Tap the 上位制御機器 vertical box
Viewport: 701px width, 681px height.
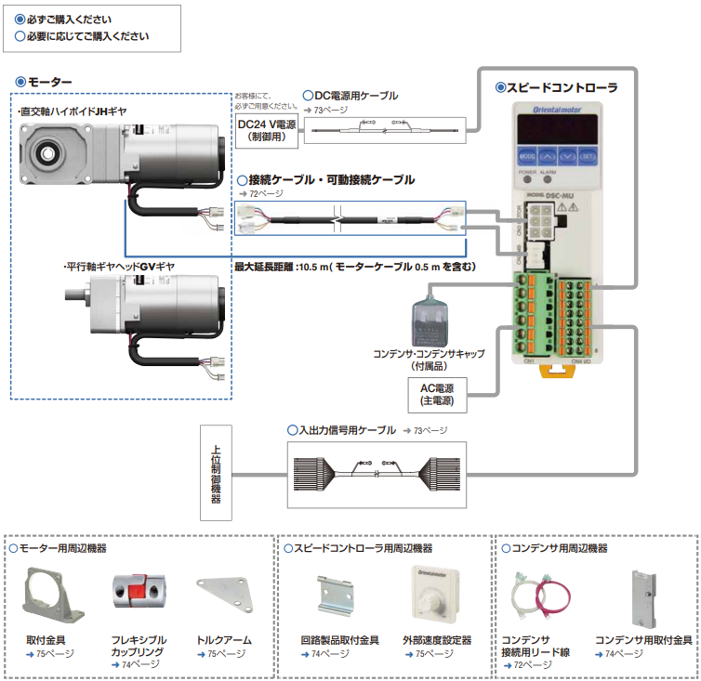(x=215, y=473)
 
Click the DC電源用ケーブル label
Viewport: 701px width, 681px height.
(x=355, y=96)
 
